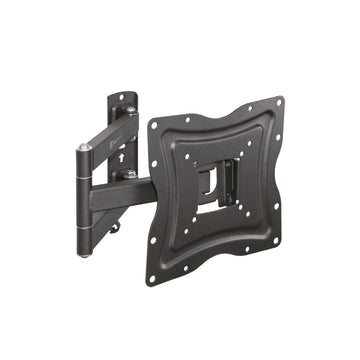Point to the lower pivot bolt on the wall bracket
pyautogui.click(x=131, y=174)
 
